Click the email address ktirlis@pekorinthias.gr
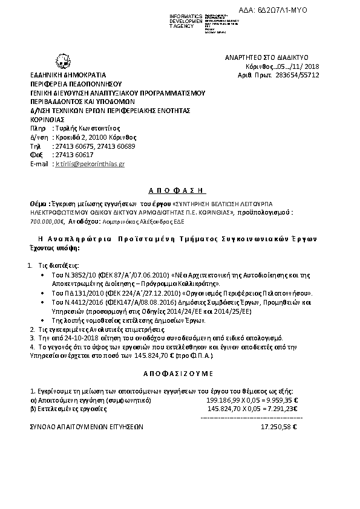coord(90,164)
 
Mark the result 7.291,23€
coord(287,409)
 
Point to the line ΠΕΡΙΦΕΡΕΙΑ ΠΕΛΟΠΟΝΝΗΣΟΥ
coord(76,84)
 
